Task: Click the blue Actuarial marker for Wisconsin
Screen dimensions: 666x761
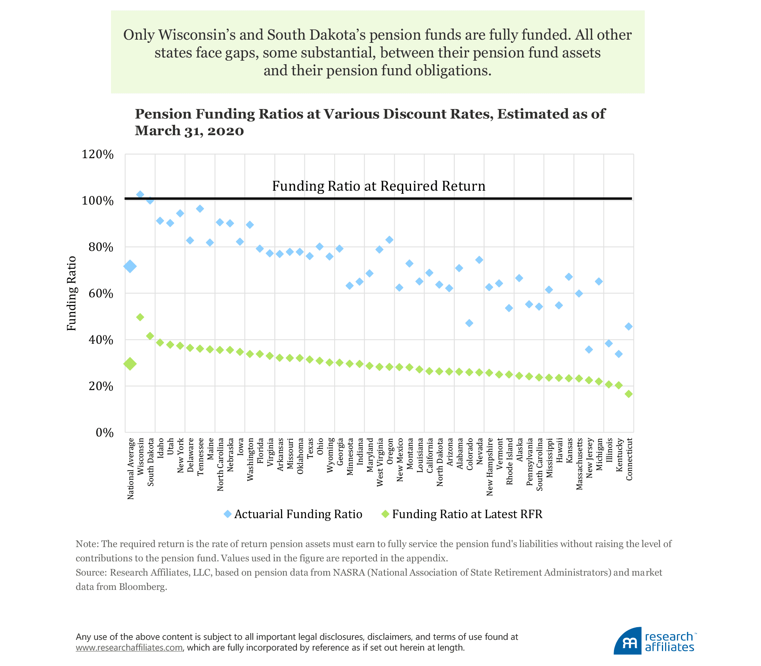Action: tap(140, 195)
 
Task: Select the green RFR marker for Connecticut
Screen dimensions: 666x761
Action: tap(629, 394)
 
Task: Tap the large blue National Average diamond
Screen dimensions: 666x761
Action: tap(130, 266)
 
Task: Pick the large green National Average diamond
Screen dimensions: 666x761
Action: tap(130, 364)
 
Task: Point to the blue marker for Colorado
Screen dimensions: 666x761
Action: tap(469, 323)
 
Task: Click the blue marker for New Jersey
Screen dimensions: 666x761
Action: tap(589, 349)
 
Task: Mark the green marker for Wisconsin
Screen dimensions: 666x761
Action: tap(140, 317)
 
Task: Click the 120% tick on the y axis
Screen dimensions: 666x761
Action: tap(98, 154)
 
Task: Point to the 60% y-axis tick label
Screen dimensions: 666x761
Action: tap(98, 294)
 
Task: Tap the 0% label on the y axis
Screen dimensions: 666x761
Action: tap(105, 433)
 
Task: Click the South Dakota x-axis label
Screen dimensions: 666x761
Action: tap(151, 462)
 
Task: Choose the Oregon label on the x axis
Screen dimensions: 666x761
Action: tap(390, 450)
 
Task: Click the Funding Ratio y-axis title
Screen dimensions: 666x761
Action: tap(71, 293)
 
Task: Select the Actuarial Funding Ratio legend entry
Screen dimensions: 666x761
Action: tap(293, 514)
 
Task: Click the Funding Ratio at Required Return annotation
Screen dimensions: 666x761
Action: tap(379, 186)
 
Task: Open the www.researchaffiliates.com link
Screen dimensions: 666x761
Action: tap(129, 647)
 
